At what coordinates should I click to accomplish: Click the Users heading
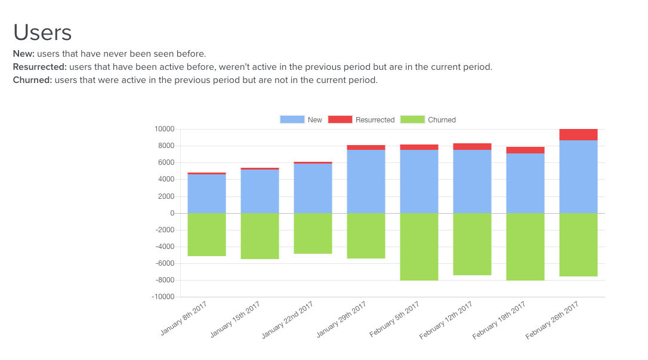[x=42, y=32]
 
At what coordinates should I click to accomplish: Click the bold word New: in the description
[x=23, y=54]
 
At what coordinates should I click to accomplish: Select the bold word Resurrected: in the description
[x=39, y=67]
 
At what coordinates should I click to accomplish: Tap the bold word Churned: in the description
[x=32, y=80]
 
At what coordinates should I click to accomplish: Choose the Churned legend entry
[x=428, y=120]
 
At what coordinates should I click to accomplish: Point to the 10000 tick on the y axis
[x=163, y=129]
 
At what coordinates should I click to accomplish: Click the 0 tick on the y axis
[x=172, y=213]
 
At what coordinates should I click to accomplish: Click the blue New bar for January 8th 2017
[x=206, y=193]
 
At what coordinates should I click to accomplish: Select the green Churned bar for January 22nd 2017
[x=313, y=233]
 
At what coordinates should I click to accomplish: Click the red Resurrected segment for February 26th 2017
[x=578, y=134]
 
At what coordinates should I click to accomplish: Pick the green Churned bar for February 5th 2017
[x=419, y=247]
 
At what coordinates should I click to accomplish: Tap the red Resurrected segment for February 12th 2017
[x=472, y=146]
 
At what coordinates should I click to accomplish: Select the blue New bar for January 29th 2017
[x=366, y=181]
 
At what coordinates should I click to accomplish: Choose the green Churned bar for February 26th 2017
[x=578, y=245]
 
